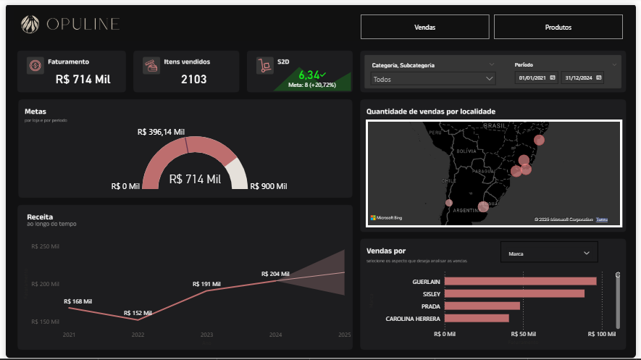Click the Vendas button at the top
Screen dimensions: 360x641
[x=425, y=27]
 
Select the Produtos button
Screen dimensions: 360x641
[x=558, y=27]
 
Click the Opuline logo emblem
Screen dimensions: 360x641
[x=31, y=25]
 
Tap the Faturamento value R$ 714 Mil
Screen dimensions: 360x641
[x=83, y=79]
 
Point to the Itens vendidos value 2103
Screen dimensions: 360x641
[x=193, y=79]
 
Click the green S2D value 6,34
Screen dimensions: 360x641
[x=309, y=74]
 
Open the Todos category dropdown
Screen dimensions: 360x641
[x=432, y=79]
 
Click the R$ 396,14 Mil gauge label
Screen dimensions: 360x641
[x=161, y=133]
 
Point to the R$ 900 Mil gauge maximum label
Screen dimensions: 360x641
[x=269, y=186]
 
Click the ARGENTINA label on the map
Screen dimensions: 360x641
[x=466, y=210]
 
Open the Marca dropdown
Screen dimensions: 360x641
[x=549, y=254]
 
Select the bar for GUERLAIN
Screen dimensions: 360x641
[x=520, y=281]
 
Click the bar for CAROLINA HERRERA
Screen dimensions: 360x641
[x=477, y=318]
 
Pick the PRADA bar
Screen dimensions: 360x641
[x=482, y=306]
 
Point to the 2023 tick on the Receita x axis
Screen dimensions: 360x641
[x=206, y=335]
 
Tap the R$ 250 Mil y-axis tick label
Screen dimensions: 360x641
[x=45, y=247]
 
